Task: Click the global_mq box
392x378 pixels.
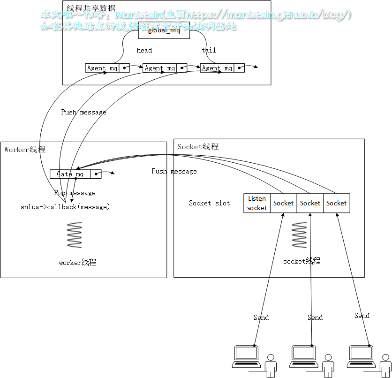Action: (164, 31)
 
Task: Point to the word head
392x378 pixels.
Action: (144, 50)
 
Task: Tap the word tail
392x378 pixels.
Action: (209, 50)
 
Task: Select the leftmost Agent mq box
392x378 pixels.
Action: (102, 68)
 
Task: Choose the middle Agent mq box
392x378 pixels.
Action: (159, 68)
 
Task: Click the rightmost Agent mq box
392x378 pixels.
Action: (217, 68)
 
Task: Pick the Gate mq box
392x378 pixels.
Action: (70, 174)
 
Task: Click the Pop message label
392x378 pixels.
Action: (75, 193)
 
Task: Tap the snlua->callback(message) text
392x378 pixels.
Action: (65, 207)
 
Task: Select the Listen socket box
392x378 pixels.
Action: (257, 203)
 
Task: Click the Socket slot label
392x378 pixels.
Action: (209, 203)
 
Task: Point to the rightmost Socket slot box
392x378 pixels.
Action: (336, 203)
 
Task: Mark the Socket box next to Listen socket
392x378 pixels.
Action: (283, 203)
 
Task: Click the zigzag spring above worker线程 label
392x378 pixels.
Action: (74, 235)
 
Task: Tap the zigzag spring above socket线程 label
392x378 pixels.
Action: (299, 235)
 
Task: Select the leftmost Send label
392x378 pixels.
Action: (261, 318)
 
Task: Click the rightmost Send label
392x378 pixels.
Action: (362, 316)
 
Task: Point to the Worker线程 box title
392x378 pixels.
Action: (25, 150)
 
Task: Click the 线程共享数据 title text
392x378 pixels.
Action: (91, 8)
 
